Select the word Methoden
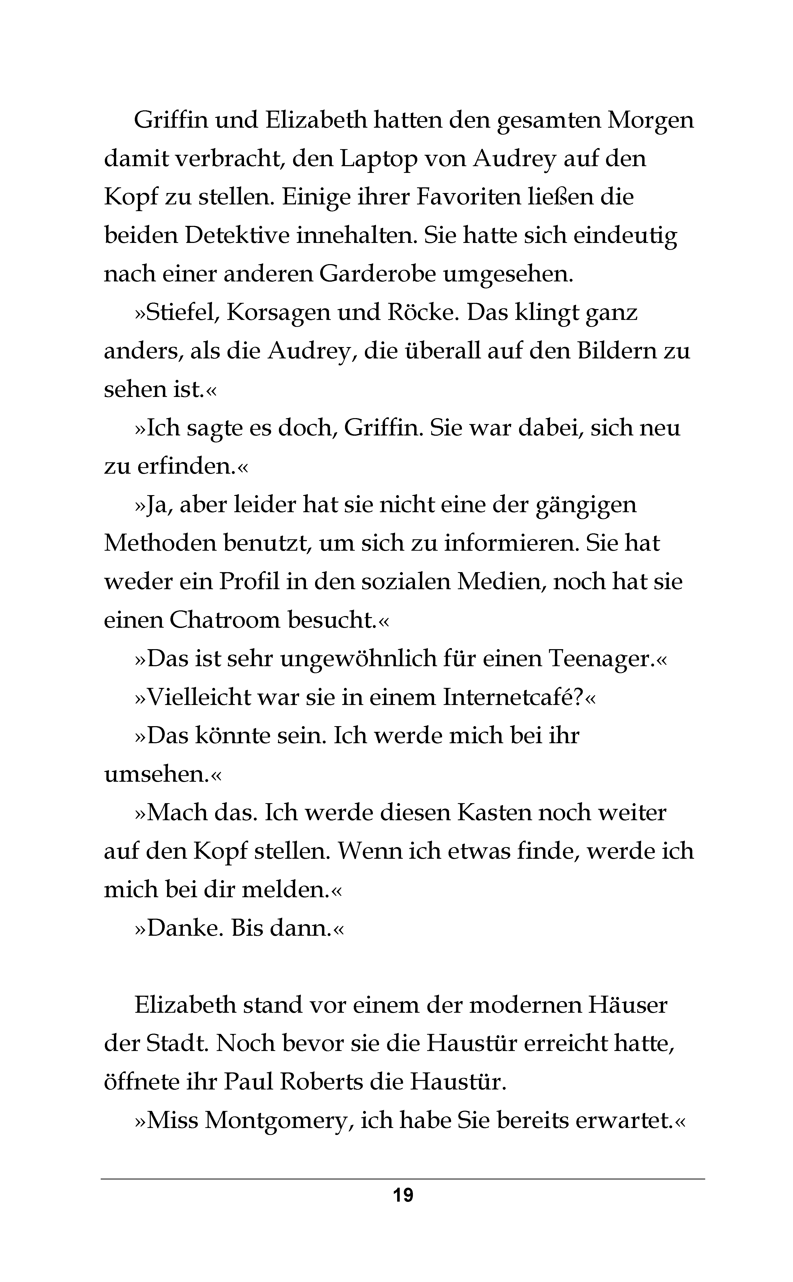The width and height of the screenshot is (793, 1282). [160, 544]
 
